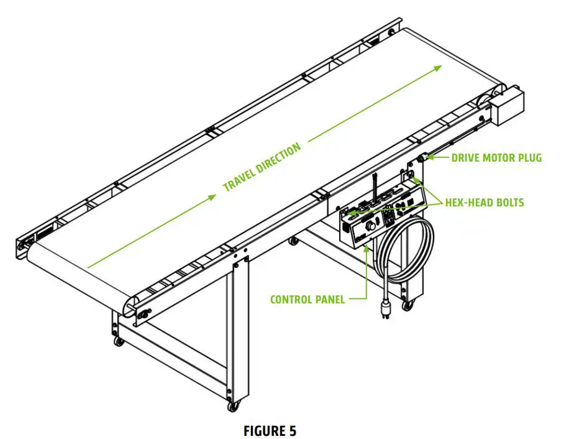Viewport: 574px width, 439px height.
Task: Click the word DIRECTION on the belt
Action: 278,156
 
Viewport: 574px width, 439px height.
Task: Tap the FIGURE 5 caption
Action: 270,430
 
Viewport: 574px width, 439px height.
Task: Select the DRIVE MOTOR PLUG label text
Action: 496,158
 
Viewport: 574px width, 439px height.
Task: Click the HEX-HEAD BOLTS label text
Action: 485,202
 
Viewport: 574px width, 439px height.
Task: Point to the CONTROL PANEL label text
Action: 307,300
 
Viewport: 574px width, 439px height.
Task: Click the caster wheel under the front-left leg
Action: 118,341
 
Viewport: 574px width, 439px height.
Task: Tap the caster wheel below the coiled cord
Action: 408,305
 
